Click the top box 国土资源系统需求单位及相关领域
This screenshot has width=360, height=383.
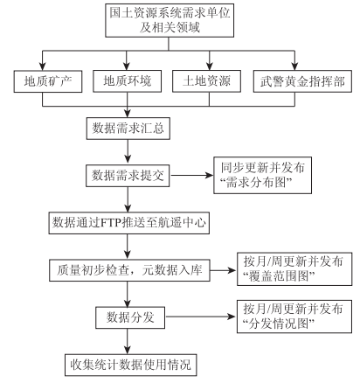point(170,20)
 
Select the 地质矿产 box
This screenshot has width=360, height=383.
point(48,81)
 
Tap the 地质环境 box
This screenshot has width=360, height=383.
point(128,81)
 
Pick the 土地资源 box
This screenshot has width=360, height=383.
point(206,81)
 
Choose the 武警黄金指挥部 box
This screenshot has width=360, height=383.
point(302,81)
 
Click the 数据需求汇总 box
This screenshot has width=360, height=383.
point(128,129)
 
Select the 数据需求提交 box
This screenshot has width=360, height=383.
point(128,176)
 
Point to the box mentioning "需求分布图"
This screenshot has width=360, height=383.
point(263,175)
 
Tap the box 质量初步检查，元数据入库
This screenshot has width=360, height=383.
point(129,270)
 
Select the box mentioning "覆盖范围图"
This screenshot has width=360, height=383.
point(294,268)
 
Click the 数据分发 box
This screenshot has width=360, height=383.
point(130,317)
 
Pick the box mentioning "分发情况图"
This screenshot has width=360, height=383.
point(294,317)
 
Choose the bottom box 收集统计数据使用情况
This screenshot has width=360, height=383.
point(131,365)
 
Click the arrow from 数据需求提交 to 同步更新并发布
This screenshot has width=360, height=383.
point(191,176)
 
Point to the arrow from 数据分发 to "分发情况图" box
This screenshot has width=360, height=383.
point(201,317)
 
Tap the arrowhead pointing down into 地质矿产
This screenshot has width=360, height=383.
point(43,66)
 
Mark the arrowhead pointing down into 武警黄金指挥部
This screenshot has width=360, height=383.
point(294,66)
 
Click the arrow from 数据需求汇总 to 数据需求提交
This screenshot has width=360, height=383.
point(128,152)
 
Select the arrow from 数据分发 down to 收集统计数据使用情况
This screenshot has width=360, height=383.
point(128,341)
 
